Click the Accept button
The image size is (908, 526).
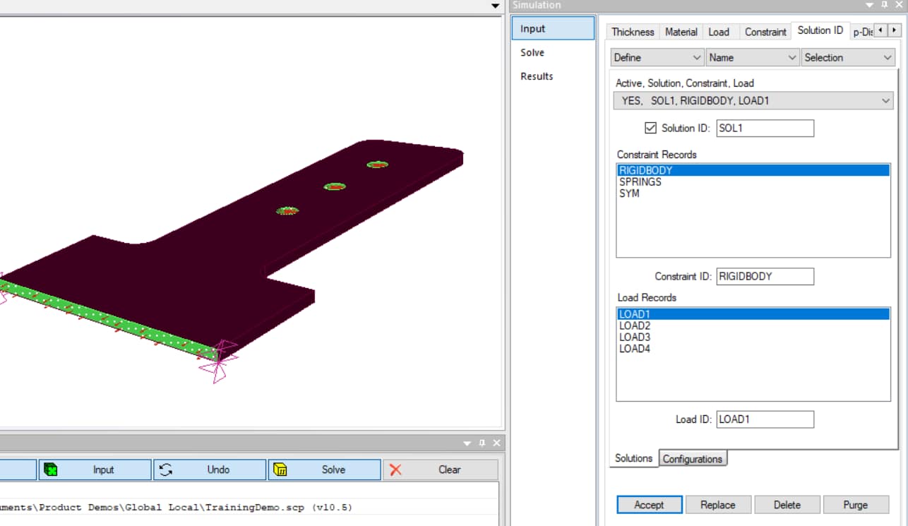(649, 505)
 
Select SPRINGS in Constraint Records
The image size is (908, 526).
(640, 182)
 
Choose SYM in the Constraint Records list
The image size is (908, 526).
(629, 193)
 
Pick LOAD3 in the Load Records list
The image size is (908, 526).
(635, 337)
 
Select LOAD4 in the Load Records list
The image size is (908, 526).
(635, 349)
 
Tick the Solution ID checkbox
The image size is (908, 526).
(651, 128)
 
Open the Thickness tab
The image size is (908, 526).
(633, 32)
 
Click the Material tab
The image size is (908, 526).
(681, 32)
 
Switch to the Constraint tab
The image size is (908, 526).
(765, 32)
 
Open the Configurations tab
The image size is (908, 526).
(692, 459)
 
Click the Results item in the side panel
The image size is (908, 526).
(537, 76)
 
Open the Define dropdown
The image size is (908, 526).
(657, 58)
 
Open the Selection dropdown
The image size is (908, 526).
(848, 58)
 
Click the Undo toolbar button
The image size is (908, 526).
(210, 470)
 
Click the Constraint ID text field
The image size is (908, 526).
(765, 277)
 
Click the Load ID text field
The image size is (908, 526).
(765, 419)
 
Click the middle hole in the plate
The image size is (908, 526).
(335, 187)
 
